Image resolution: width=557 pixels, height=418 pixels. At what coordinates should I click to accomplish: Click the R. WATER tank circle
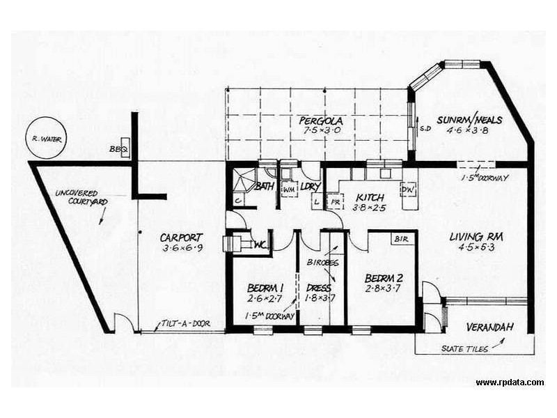47,139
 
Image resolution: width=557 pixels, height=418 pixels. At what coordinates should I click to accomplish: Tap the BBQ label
114,150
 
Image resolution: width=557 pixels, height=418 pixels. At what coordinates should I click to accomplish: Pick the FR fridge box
335,201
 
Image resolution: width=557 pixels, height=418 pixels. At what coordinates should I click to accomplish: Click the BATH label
264,187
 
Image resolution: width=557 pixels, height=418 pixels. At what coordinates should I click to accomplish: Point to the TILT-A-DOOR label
184,323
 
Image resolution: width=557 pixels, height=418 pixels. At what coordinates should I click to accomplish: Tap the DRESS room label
318,287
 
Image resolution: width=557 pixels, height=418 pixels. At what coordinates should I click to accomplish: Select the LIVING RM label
477,236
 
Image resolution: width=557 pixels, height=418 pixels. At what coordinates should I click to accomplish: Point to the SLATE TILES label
464,348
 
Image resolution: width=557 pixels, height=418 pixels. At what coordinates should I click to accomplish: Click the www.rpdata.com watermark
510,382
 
